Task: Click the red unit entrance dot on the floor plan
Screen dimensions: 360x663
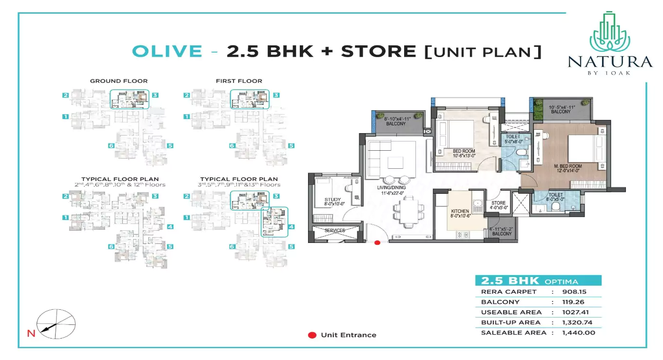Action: [377, 242]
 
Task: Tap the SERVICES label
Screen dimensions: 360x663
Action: [334, 230]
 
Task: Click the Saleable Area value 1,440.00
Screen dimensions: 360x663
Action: [578, 333]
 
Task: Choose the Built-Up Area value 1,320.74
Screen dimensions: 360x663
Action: [578, 322]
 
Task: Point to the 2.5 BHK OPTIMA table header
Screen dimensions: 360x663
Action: [538, 281]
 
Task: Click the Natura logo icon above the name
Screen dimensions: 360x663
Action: [610, 32]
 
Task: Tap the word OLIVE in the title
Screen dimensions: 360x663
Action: [167, 51]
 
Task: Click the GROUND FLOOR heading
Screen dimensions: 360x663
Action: [118, 81]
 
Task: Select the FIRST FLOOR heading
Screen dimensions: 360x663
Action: [239, 81]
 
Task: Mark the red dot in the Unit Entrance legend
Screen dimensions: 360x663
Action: [312, 335]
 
